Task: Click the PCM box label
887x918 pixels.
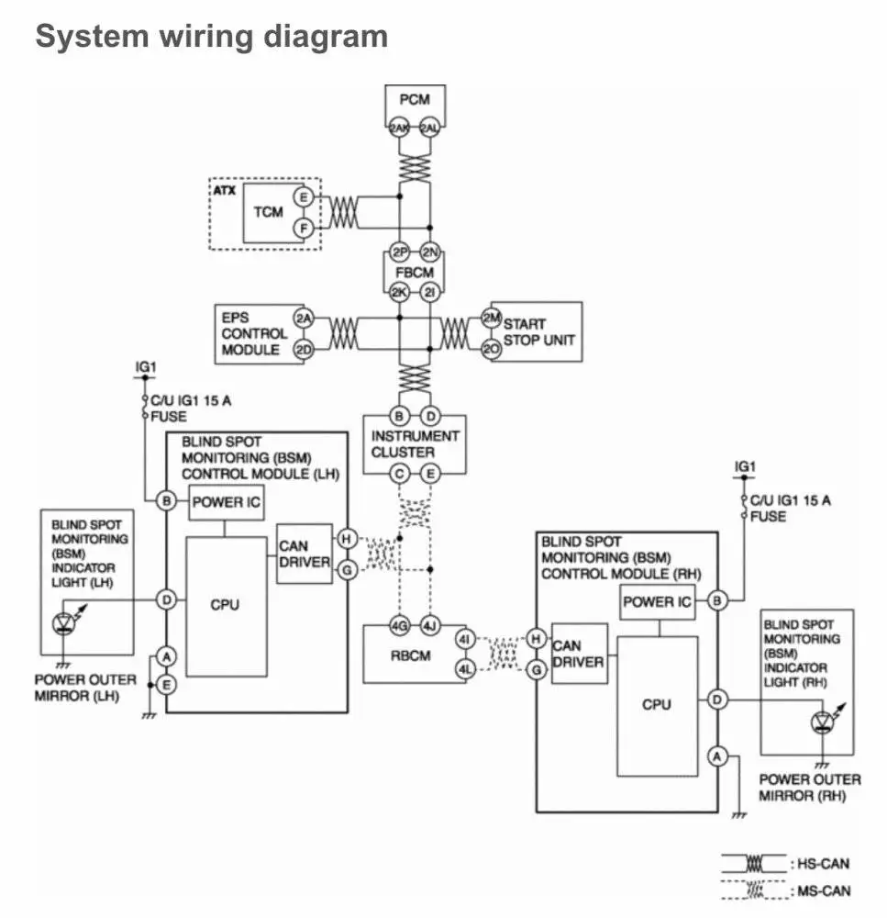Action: pyautogui.click(x=415, y=99)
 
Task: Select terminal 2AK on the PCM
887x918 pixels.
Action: pyautogui.click(x=399, y=129)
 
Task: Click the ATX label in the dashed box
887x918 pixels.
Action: pyautogui.click(x=225, y=190)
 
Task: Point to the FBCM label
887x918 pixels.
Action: pyautogui.click(x=414, y=273)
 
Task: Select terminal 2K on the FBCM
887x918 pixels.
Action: pyautogui.click(x=399, y=293)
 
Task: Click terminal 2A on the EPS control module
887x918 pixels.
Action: pyautogui.click(x=304, y=319)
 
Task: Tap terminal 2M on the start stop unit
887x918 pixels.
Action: pyautogui.click(x=491, y=318)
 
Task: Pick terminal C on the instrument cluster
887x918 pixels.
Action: pyautogui.click(x=399, y=474)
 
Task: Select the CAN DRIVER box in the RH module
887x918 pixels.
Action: pyautogui.click(x=579, y=654)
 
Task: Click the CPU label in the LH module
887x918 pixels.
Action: pyautogui.click(x=225, y=604)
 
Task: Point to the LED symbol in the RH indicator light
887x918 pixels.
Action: pyautogui.click(x=822, y=724)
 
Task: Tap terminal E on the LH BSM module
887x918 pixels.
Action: pyautogui.click(x=166, y=684)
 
